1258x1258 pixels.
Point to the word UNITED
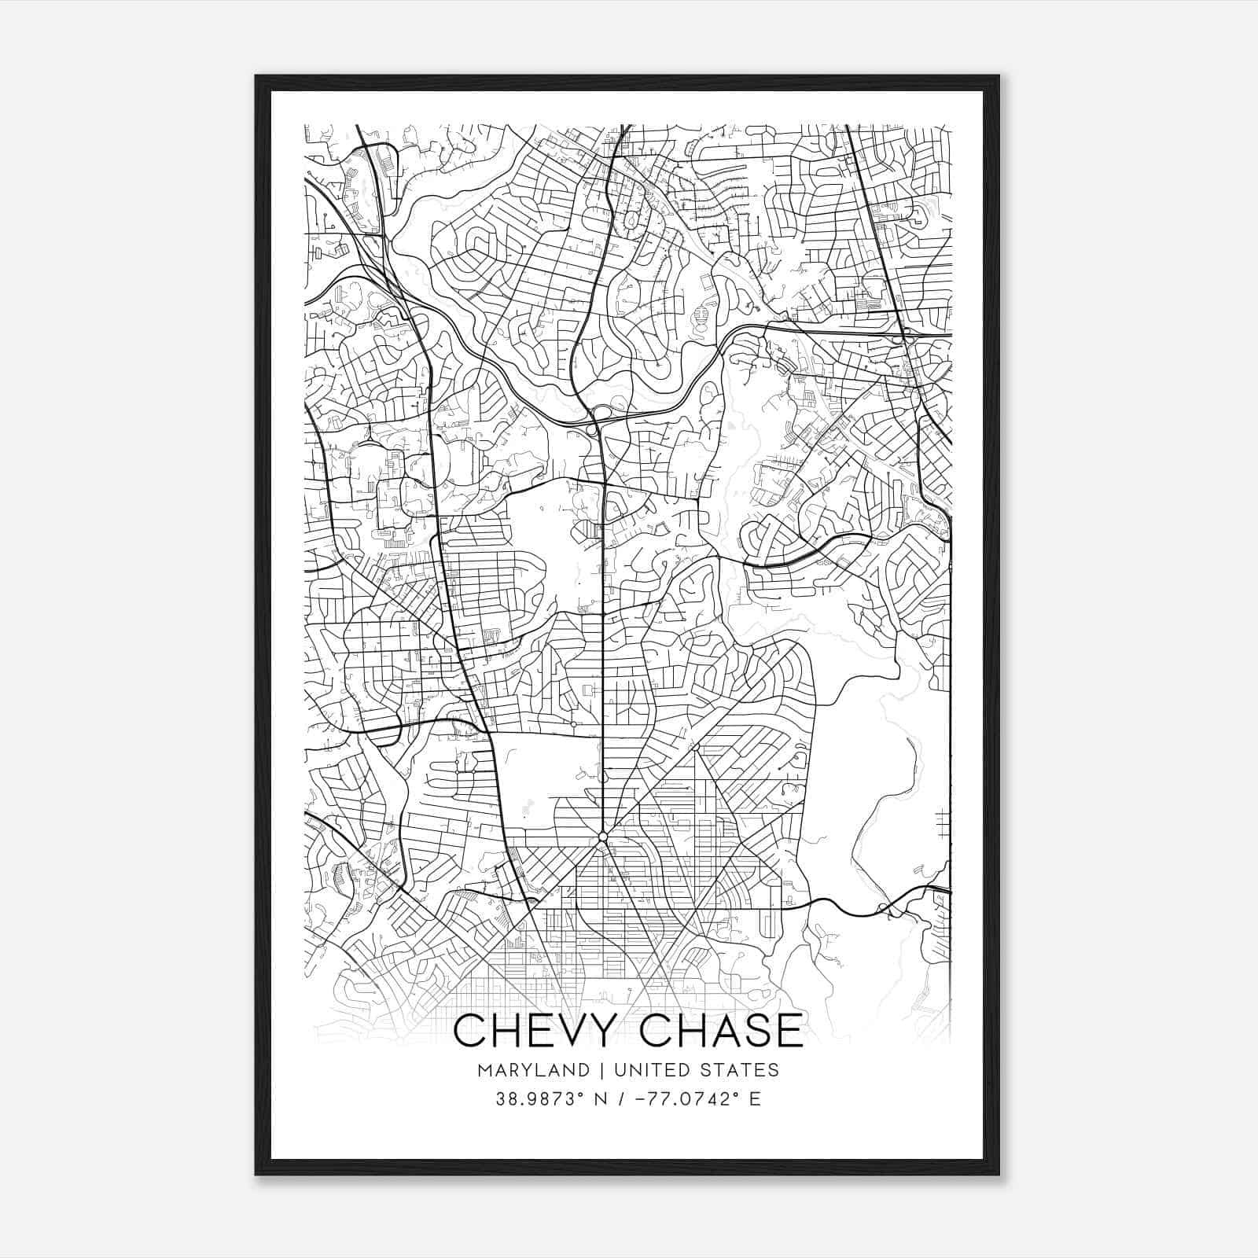[649, 1070]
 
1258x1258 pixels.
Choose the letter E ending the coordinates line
[756, 1099]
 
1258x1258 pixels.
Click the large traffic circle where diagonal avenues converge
[602, 836]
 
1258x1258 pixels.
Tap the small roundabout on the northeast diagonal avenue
[695, 745]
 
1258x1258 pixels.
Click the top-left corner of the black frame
[256, 75]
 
